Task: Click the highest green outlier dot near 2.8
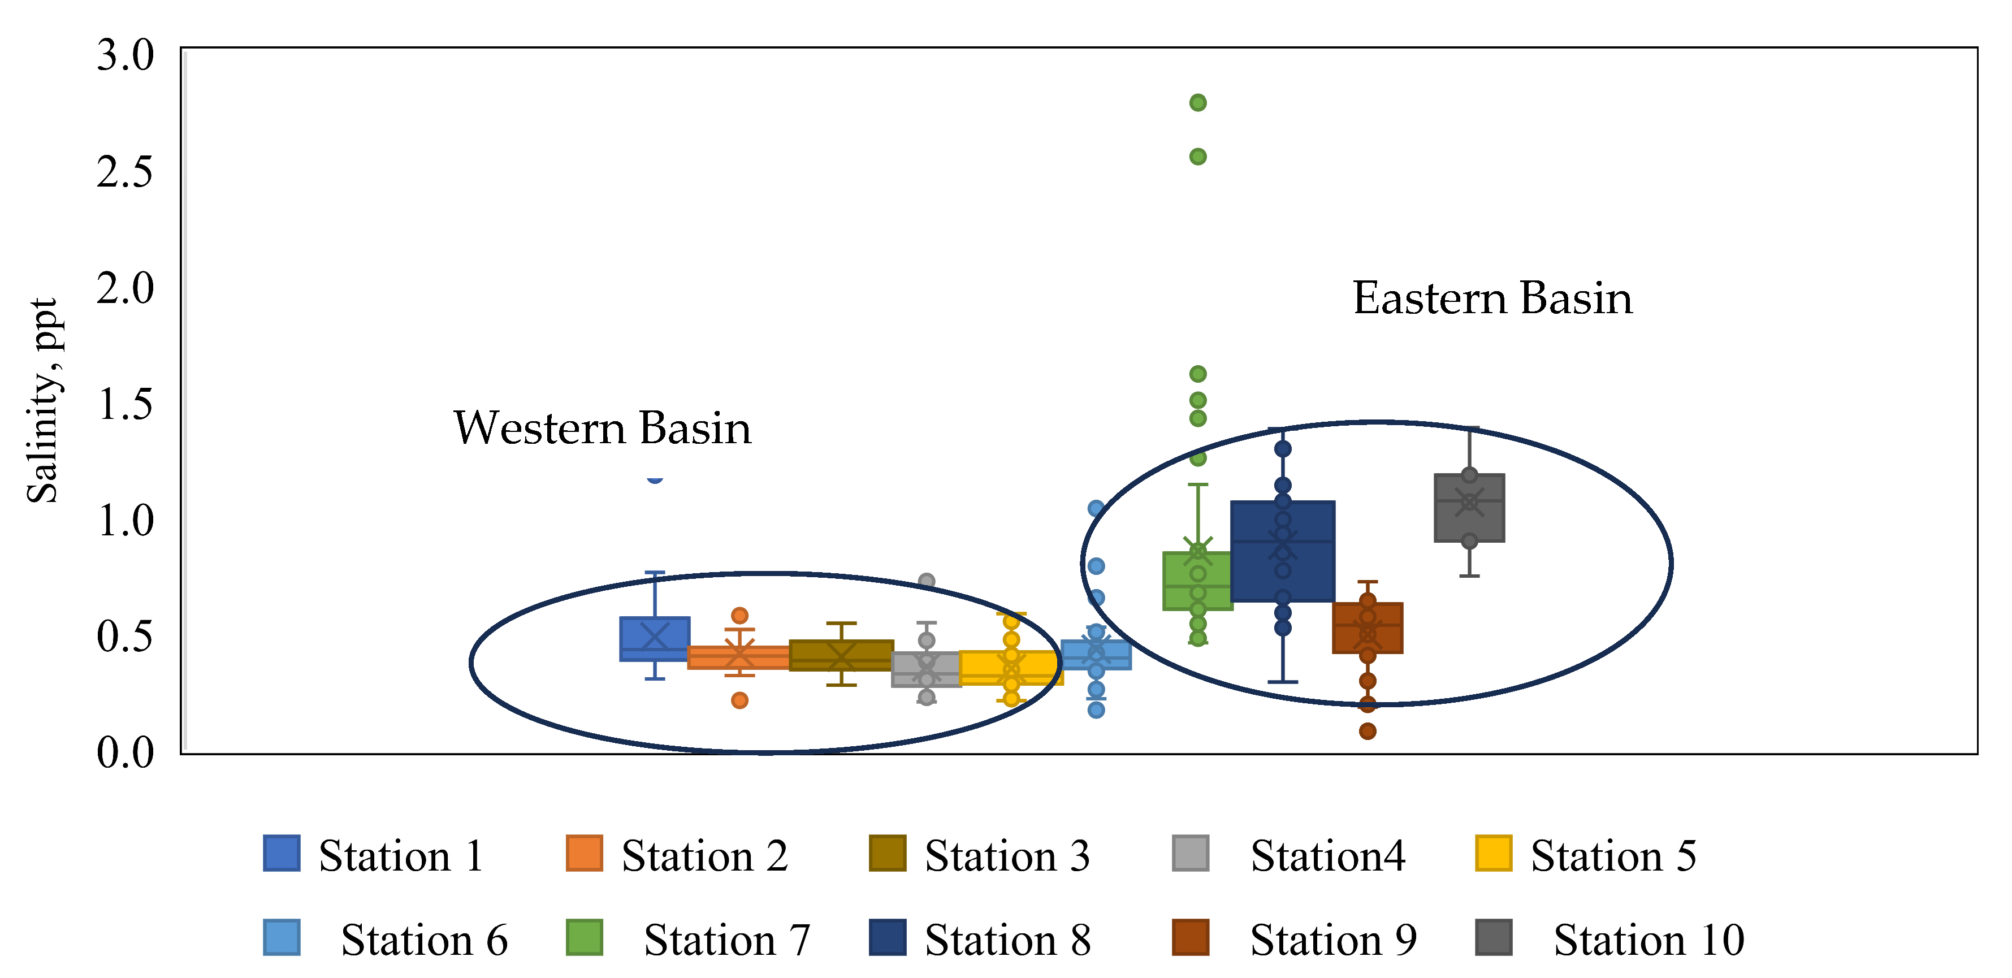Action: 1197,102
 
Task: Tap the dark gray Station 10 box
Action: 1469,508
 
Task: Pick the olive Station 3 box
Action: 841,655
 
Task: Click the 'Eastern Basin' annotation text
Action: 1492,298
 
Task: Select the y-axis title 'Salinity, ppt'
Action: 42,400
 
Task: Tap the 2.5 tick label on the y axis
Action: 125,172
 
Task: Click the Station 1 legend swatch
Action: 281,853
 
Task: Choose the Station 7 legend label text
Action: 726,939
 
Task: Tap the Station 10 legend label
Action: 1648,939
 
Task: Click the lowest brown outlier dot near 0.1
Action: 1367,731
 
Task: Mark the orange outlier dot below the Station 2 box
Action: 739,700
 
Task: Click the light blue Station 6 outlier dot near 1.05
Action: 1096,509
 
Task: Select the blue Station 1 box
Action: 655,639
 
